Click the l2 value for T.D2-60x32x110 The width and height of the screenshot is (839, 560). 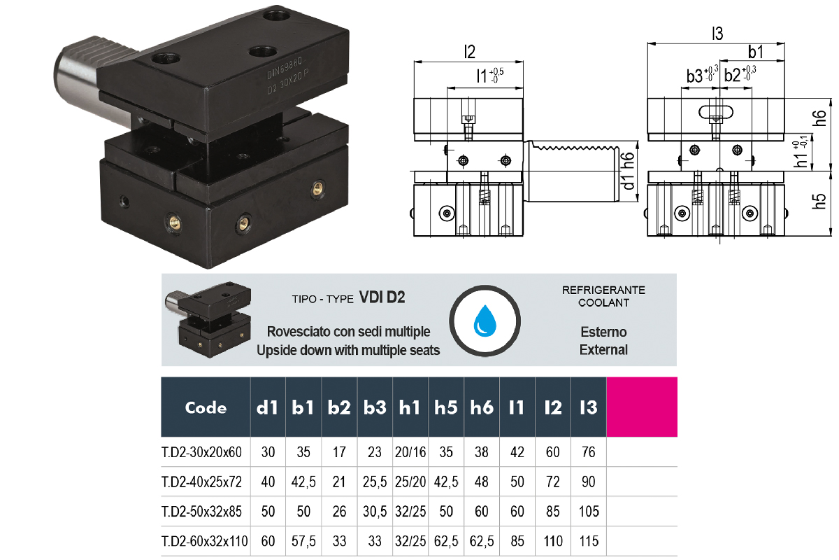(552, 541)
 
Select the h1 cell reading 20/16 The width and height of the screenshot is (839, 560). (410, 452)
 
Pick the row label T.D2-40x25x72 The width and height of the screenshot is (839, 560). (201, 482)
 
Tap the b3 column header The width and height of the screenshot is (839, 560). (375, 407)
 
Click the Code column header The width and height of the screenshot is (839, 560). (206, 407)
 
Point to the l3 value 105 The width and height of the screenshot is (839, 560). (588, 512)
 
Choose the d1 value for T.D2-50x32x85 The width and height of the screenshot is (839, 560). (268, 512)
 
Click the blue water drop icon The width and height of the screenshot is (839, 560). (484, 320)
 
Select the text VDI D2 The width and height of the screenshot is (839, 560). (382, 297)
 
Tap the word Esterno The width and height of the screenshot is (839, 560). (603, 332)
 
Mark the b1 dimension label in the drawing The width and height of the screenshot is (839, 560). (755, 52)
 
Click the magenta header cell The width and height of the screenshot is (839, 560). (642, 407)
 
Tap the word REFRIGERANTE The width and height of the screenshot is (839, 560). (603, 290)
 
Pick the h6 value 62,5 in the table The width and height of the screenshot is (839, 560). (481, 541)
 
